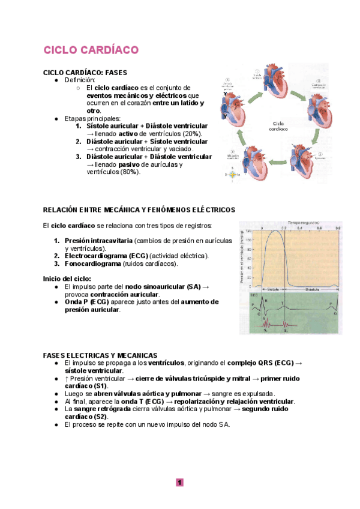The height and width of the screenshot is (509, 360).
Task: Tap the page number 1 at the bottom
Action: [x=179, y=482]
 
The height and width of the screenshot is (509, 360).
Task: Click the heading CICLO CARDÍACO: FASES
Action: [x=85, y=73]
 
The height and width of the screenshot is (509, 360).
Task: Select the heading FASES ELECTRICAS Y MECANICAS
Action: [x=100, y=355]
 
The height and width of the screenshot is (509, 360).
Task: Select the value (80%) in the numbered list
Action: [x=130, y=172]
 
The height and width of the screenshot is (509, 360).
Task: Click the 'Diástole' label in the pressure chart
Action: [x=312, y=288]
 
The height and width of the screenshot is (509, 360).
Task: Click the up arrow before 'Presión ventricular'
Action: [x=66, y=379]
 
